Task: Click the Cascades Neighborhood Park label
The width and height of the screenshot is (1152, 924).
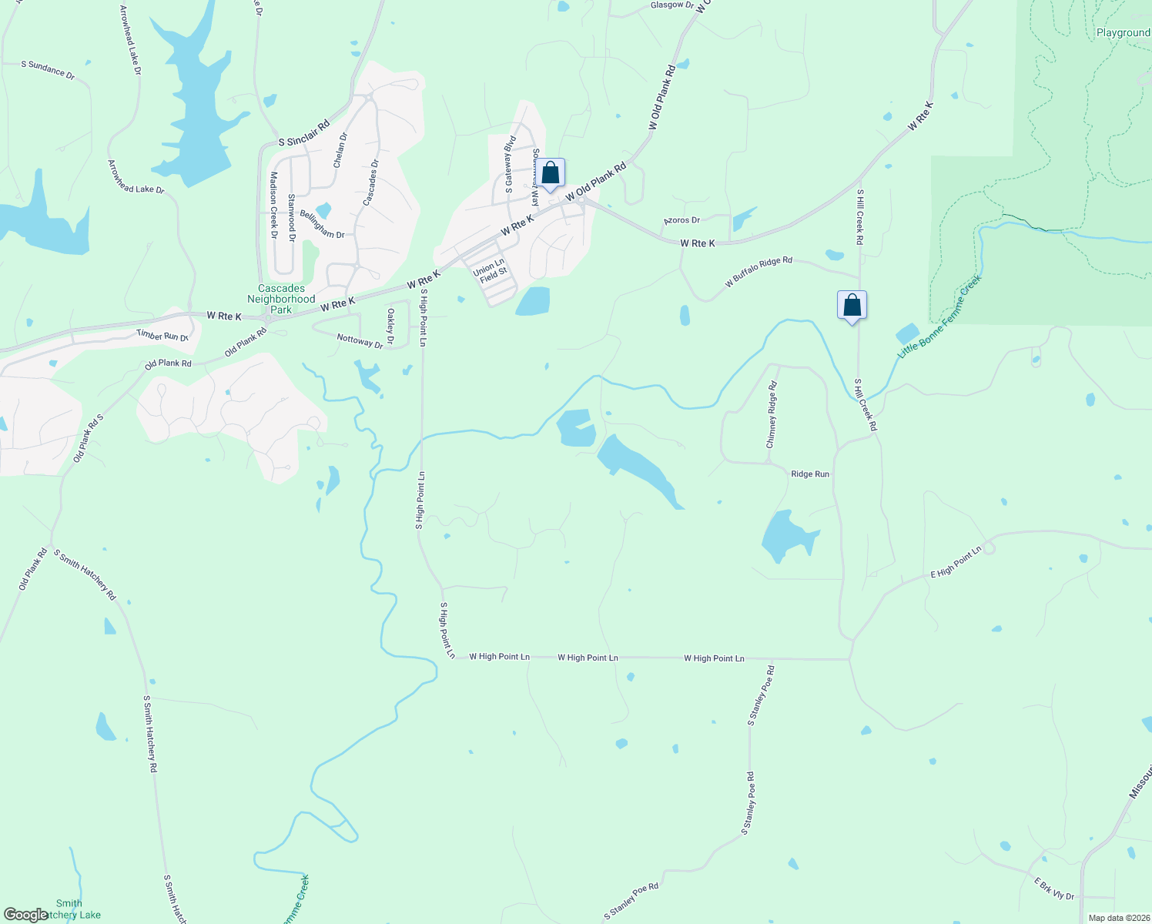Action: coord(281,299)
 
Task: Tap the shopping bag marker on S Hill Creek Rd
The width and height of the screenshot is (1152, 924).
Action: coord(852,306)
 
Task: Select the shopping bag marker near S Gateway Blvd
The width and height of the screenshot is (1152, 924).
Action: coord(550,173)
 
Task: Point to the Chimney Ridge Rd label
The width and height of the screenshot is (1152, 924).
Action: coord(772,415)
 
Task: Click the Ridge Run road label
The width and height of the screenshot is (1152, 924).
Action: coord(810,474)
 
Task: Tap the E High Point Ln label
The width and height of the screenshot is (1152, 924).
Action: coord(956,563)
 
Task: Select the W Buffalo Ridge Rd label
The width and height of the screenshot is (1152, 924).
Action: coord(759,273)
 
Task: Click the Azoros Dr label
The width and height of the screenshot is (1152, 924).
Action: coord(681,221)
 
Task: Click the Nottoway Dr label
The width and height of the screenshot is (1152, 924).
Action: coord(360,340)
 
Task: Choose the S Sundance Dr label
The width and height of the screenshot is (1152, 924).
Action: coord(48,69)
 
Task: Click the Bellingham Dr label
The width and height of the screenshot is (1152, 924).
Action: coord(322,225)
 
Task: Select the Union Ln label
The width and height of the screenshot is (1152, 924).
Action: coord(487,267)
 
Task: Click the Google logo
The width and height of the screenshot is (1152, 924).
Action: coord(25,915)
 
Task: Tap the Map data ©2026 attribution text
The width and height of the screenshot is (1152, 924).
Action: coord(1117,918)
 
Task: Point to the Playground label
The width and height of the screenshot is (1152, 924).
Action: coord(1123,33)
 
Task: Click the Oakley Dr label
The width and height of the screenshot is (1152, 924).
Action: coord(390,326)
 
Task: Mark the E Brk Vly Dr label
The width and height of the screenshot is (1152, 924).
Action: coord(1053,889)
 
